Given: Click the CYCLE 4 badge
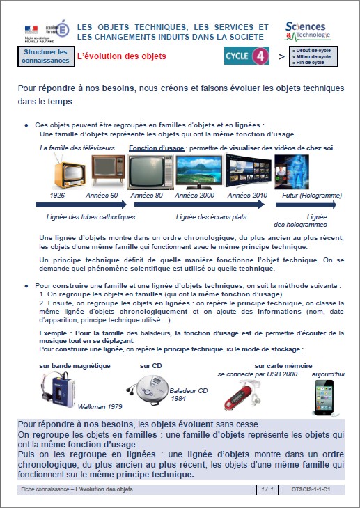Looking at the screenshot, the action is tap(246, 56).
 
